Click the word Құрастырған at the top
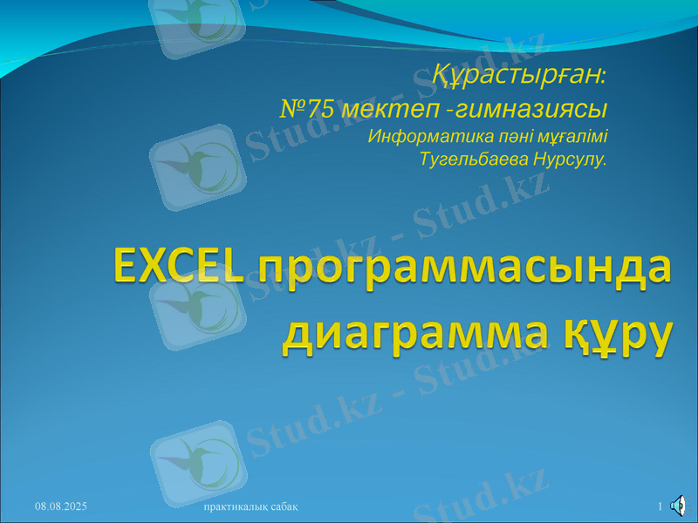518,76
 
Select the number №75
306,109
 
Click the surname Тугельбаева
472,160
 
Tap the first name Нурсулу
568,160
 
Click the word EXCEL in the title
178,265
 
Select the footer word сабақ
285,506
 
